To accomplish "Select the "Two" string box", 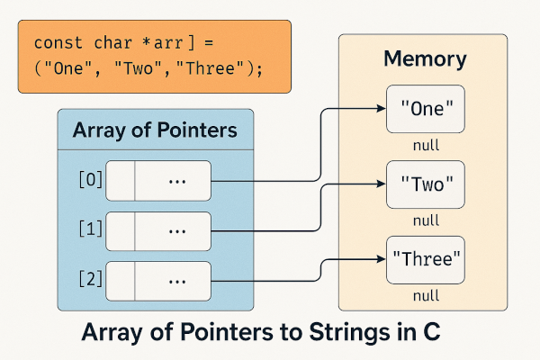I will tap(426, 187).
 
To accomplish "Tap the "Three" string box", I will tap(426, 261).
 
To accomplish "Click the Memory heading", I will tap(425, 60).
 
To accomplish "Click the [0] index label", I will tap(92, 180).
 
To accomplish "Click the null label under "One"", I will tap(426, 144).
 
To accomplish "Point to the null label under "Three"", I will tap(426, 294).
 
